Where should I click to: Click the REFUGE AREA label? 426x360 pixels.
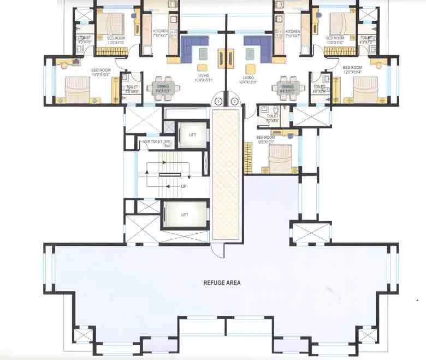[x=222, y=283]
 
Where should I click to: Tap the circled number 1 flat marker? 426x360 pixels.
[x=218, y=102]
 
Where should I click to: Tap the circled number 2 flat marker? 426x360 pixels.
[x=235, y=102]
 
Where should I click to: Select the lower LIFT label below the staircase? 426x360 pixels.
[x=185, y=215]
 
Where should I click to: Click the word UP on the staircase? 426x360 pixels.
[x=184, y=186]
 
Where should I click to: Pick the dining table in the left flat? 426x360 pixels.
[x=163, y=87]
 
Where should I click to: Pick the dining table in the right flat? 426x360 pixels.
[x=287, y=87]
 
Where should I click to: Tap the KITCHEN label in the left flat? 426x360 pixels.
[x=160, y=32]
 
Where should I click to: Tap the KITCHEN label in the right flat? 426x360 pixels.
[x=292, y=32]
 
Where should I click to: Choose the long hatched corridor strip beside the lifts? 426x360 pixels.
[x=226, y=174]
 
